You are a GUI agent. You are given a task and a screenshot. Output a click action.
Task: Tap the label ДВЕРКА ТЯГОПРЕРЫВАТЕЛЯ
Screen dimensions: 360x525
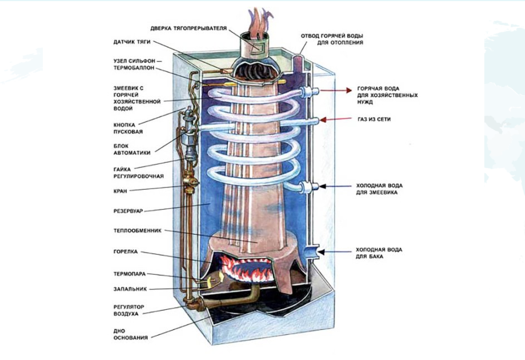(x=189, y=28)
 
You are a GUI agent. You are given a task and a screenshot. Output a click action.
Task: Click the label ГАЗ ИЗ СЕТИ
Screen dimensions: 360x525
(x=374, y=120)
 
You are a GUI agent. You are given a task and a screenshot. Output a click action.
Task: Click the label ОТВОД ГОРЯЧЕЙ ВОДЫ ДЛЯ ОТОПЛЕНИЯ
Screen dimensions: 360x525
(x=332, y=38)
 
